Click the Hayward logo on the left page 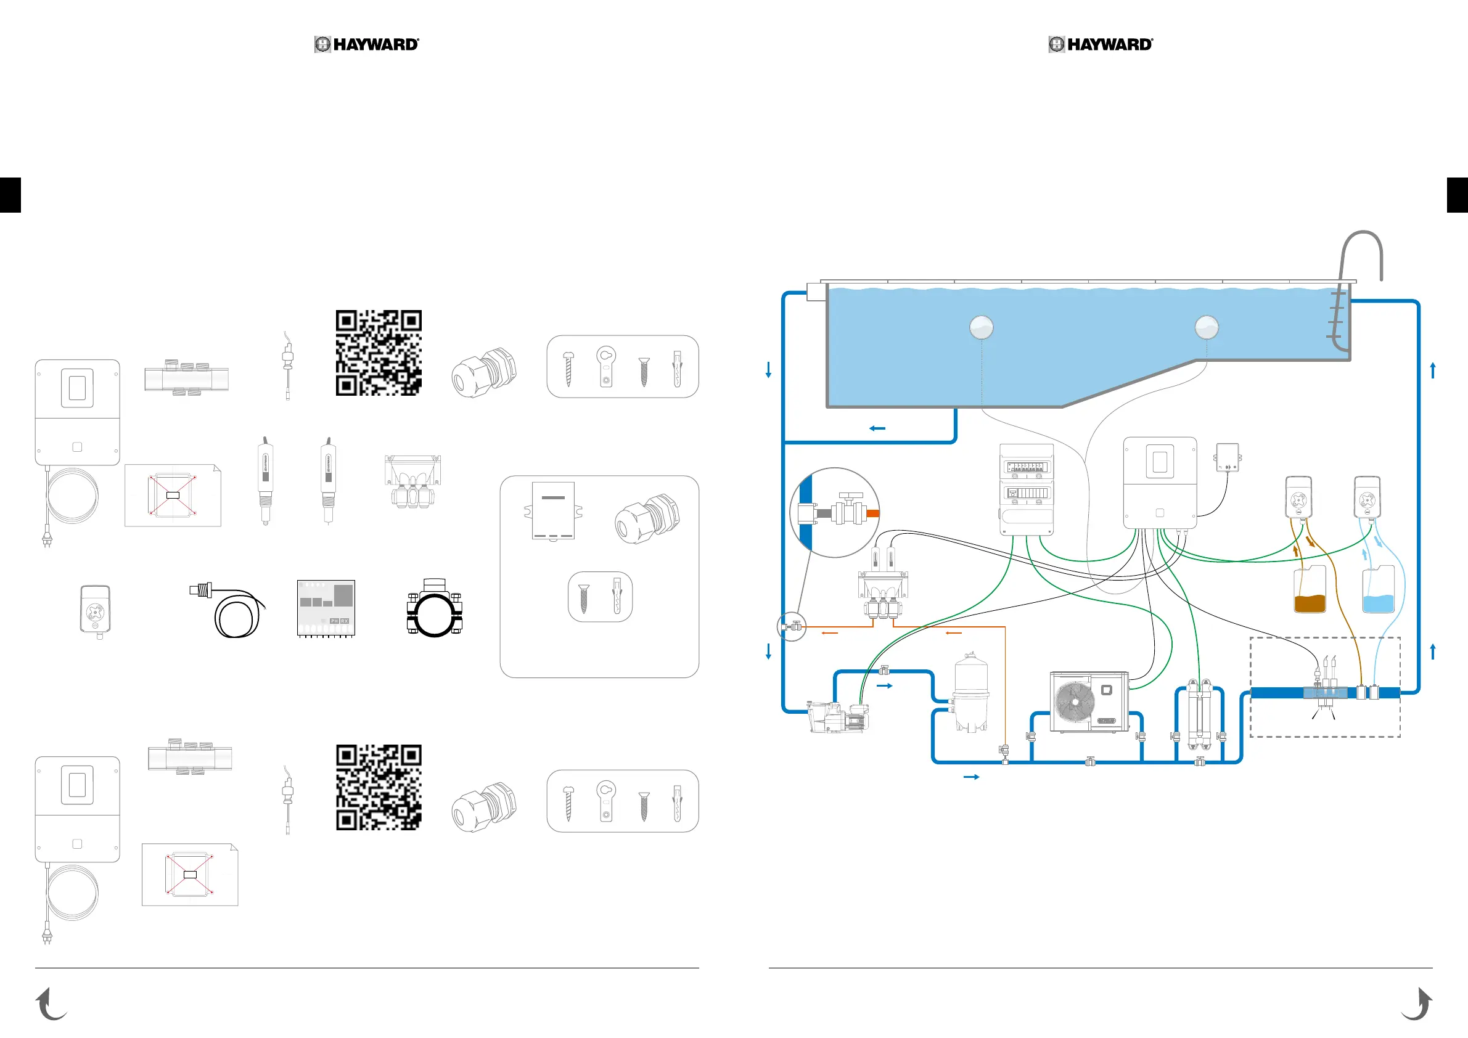pyautogui.click(x=366, y=44)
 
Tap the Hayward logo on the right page pyautogui.click(x=1101, y=44)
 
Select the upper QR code pyautogui.click(x=379, y=353)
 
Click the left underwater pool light pyautogui.click(x=982, y=327)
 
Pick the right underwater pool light pyautogui.click(x=1207, y=327)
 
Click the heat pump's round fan pyautogui.click(x=1075, y=702)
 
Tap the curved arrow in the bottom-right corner pyautogui.click(x=1417, y=1003)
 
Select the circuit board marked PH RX pyautogui.click(x=326, y=608)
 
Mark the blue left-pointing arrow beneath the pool pyautogui.click(x=877, y=428)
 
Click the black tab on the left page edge pyautogui.click(x=10, y=195)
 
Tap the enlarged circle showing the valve pyautogui.click(x=834, y=513)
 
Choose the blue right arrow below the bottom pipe pyautogui.click(x=971, y=777)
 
